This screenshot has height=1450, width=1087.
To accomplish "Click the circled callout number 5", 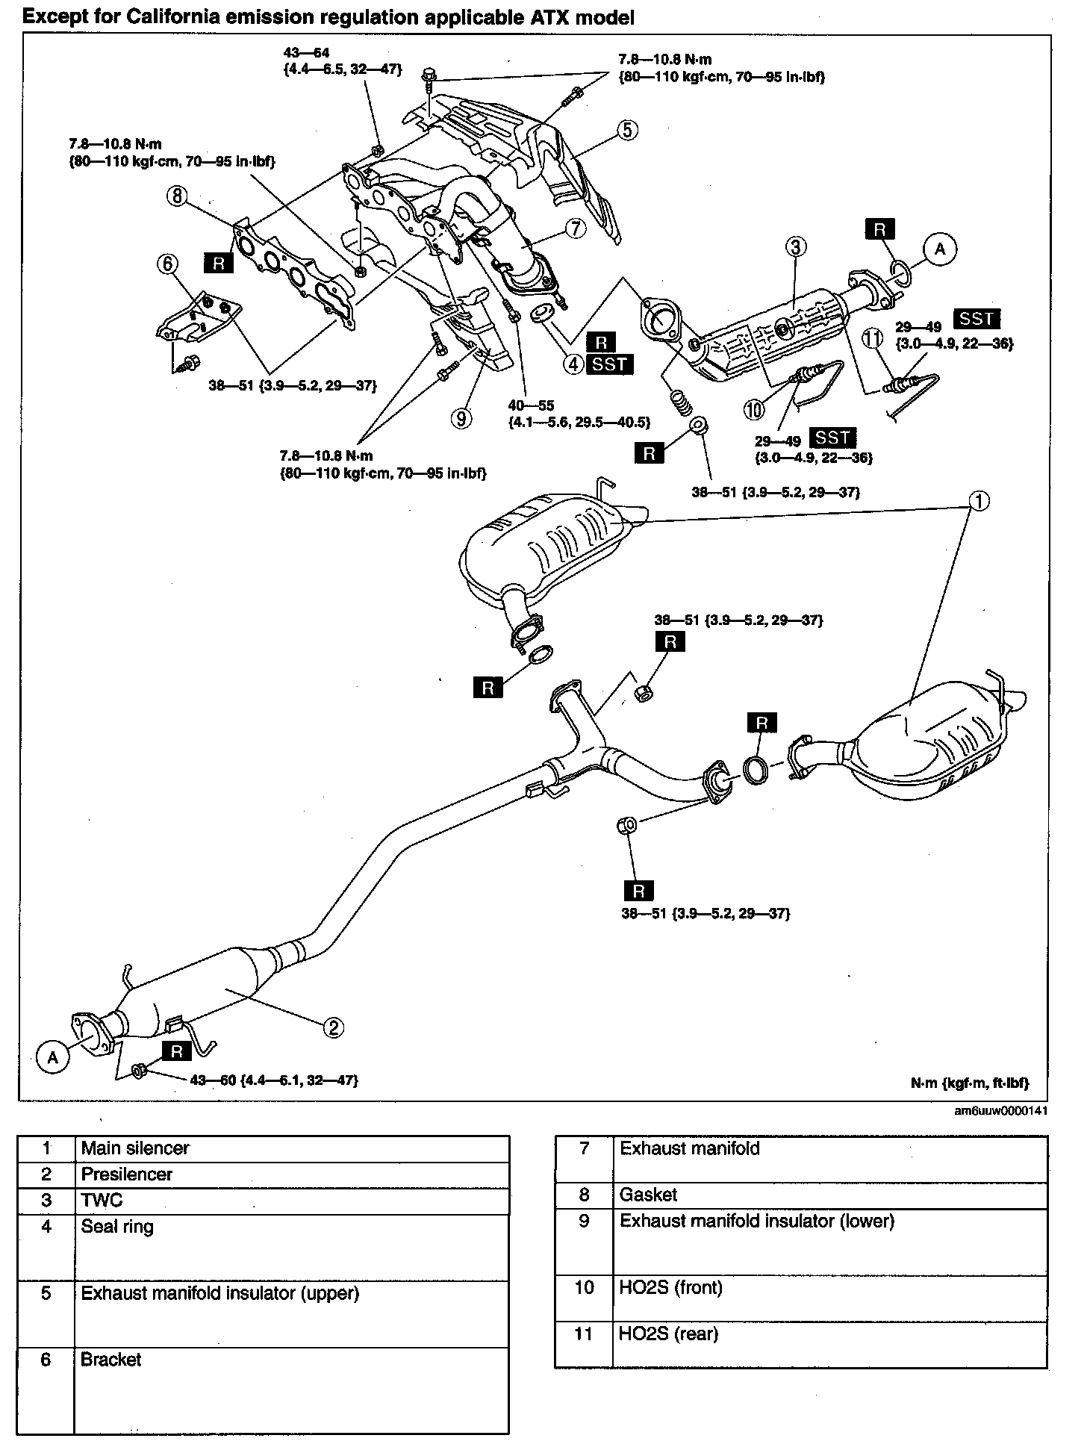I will pyautogui.click(x=626, y=130).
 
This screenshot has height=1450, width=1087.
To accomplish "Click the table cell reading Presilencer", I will pyautogui.click(x=127, y=1174).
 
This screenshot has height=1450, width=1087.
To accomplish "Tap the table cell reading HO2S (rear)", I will pyautogui.click(x=669, y=1334).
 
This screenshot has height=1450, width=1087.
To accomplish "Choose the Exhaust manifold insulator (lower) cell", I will pyautogui.click(x=757, y=1221).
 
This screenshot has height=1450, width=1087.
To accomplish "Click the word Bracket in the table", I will pyautogui.click(x=111, y=1359).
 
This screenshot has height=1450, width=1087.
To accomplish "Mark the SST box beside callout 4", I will pyautogui.click(x=611, y=364).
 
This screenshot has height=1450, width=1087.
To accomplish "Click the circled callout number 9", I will pyautogui.click(x=461, y=419).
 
